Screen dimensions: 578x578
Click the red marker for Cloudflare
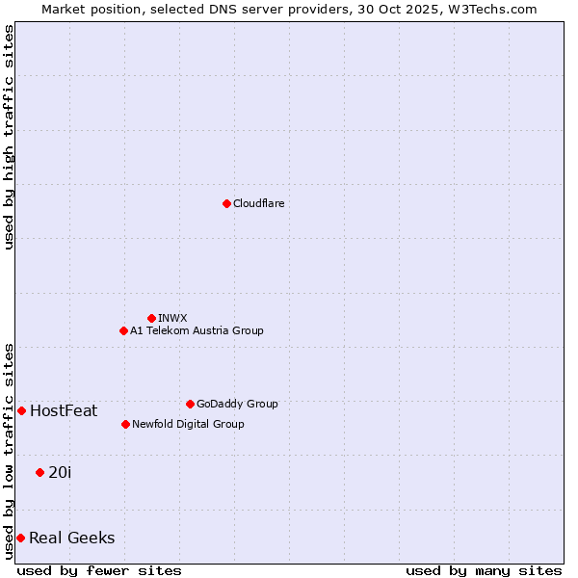(226, 203)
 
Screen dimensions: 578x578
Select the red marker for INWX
(151, 318)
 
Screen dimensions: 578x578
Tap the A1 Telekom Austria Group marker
(123, 330)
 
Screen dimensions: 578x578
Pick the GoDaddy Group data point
(190, 404)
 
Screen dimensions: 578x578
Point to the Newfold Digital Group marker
(125, 424)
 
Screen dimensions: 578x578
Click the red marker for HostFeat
(21, 410)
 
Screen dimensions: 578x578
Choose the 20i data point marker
(39, 472)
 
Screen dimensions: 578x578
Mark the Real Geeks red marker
(20, 538)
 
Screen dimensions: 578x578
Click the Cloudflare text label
(259, 203)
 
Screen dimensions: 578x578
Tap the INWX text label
(172, 318)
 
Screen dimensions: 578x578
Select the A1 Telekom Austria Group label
(197, 330)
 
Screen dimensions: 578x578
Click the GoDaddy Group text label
(237, 404)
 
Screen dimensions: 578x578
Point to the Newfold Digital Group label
(188, 424)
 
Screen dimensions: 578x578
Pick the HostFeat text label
(64, 411)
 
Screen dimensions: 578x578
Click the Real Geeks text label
(72, 539)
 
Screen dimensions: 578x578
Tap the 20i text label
(60, 473)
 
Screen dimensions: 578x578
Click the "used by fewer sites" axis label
(99, 570)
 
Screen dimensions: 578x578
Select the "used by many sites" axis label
(484, 570)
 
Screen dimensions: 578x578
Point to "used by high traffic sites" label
(10, 138)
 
